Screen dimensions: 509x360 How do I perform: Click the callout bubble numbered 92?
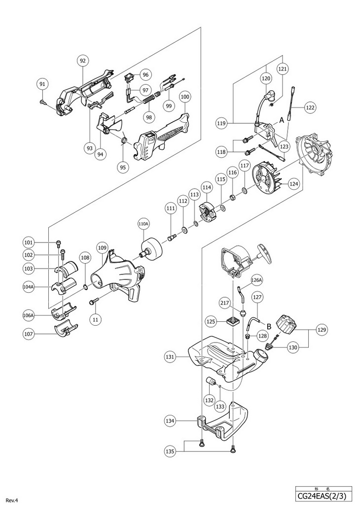[x=82, y=61]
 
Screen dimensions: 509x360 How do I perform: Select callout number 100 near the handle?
[x=185, y=97]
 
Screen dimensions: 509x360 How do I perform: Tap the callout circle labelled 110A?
[x=143, y=224]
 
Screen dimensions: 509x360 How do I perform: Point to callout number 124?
[x=294, y=184]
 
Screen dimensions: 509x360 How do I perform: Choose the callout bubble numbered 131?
[x=171, y=355]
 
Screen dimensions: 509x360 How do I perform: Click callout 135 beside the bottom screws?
[x=171, y=450]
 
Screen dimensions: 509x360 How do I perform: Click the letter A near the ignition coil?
[x=283, y=120]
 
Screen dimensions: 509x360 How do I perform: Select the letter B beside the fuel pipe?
[x=269, y=326]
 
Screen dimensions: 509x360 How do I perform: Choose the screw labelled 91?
[x=42, y=102]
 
